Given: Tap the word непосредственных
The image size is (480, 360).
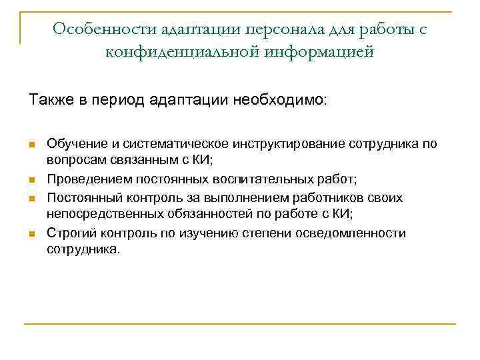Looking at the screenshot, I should click(x=98, y=215).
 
